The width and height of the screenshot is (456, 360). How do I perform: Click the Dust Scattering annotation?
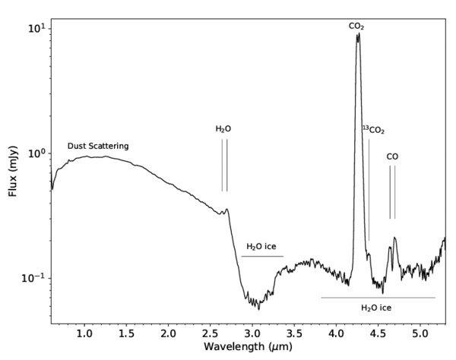(x=98, y=145)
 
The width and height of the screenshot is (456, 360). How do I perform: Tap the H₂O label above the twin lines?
(x=223, y=129)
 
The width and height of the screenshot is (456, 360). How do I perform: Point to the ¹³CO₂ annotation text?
(x=372, y=130)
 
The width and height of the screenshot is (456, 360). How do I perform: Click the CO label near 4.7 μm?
(x=392, y=156)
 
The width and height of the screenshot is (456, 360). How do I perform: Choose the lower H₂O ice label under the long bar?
(x=375, y=308)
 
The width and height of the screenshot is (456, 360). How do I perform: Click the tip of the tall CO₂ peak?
(x=358, y=34)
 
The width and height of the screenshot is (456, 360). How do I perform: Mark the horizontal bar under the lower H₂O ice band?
(x=378, y=298)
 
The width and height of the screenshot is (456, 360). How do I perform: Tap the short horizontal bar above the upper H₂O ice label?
(x=262, y=257)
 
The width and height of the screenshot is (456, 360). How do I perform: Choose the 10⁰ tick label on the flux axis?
(x=35, y=153)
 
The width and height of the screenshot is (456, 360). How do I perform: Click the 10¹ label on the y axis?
(x=35, y=28)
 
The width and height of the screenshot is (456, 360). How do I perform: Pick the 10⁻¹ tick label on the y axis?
(x=33, y=278)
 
